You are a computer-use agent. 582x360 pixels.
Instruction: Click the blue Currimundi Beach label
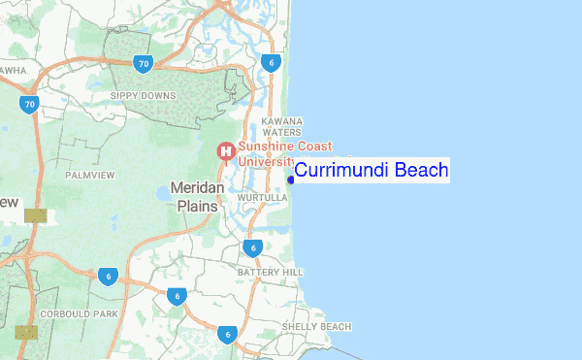[372, 171]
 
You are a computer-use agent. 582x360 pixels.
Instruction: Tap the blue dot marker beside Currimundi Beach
[290, 179]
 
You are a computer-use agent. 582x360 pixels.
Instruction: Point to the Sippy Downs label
[143, 96]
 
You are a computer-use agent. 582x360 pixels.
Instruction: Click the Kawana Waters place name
[282, 126]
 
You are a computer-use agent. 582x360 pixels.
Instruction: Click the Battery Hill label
[271, 272]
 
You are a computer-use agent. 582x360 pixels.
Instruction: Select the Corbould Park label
[79, 315]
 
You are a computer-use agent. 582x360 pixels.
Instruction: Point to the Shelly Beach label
[316, 326]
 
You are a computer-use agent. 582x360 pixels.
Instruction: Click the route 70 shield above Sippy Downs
[144, 65]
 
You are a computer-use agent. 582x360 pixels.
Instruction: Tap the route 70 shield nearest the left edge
[29, 104]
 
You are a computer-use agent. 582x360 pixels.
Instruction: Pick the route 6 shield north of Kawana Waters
[271, 63]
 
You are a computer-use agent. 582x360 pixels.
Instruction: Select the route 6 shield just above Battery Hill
[252, 248]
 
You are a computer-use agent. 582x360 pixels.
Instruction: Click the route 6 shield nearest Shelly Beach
[227, 335]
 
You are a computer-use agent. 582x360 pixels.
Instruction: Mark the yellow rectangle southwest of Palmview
[35, 215]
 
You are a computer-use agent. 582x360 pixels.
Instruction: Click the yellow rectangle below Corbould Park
[26, 332]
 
